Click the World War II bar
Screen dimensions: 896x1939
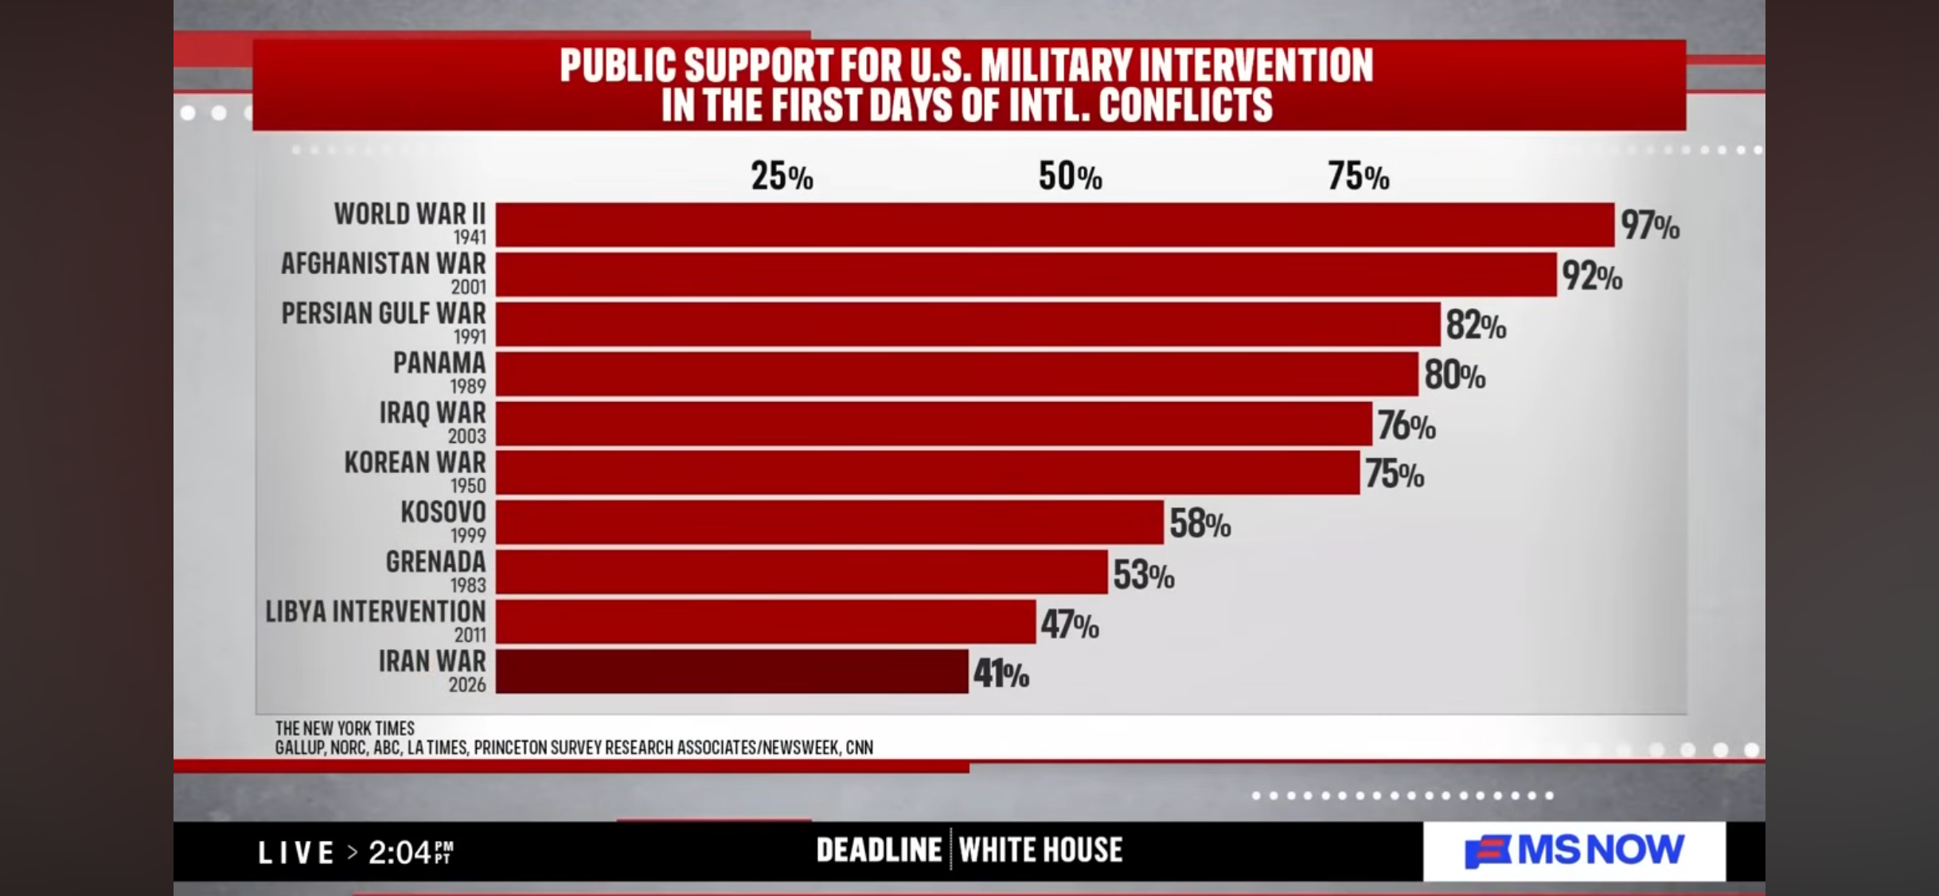1055,225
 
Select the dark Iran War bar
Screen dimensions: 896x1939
732,671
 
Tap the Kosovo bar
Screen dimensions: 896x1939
829,522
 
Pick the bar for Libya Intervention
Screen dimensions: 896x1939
766,622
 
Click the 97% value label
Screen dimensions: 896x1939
1650,225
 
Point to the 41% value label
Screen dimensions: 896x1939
1001,675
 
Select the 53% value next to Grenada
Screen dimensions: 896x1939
1143,575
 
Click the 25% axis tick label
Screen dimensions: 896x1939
782,176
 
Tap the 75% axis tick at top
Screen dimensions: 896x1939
1358,176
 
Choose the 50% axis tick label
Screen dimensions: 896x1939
1070,176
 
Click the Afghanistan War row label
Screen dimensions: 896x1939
383,264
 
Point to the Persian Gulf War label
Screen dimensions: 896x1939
383,314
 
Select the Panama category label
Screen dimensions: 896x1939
439,363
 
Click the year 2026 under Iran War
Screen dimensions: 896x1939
467,685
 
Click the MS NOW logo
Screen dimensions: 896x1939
1574,851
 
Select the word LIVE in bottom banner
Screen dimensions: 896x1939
296,853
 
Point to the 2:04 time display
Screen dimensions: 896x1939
400,853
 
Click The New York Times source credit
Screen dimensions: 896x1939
345,728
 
